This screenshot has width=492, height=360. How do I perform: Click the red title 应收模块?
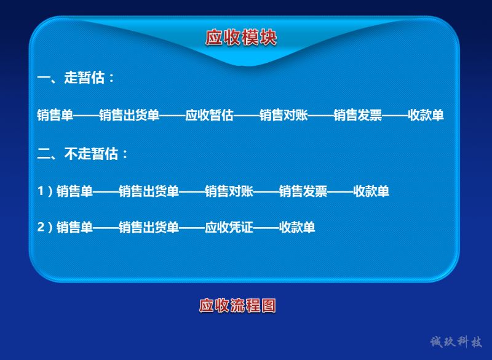(x=241, y=38)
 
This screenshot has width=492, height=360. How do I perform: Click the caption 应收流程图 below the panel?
(x=237, y=305)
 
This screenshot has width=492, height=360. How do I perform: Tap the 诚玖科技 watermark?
(x=456, y=342)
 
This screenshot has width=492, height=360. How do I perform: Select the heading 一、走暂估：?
(x=76, y=78)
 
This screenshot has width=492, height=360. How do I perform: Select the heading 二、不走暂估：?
(x=83, y=154)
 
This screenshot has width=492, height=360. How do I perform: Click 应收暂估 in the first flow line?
(x=209, y=115)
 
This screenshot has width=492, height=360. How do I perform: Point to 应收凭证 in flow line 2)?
(x=229, y=227)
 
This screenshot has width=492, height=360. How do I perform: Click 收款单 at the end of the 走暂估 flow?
(x=426, y=115)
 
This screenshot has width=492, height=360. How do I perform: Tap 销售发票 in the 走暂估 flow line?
(x=358, y=115)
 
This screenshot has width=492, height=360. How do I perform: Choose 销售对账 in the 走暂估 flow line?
(x=284, y=115)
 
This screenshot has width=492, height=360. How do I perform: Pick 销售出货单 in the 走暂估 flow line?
(x=129, y=115)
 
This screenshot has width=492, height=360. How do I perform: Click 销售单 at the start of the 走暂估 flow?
(x=55, y=115)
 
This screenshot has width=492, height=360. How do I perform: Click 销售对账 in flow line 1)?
(x=229, y=191)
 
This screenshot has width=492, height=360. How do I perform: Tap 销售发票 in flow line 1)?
(x=303, y=191)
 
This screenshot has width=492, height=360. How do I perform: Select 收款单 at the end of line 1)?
(x=371, y=191)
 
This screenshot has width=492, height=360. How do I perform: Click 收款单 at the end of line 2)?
(x=297, y=227)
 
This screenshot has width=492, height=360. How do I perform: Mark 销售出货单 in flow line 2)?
(x=149, y=227)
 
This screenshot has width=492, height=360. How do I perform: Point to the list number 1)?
(x=45, y=191)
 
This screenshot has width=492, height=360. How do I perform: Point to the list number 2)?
(x=45, y=227)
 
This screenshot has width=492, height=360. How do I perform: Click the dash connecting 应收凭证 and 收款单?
(x=266, y=228)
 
